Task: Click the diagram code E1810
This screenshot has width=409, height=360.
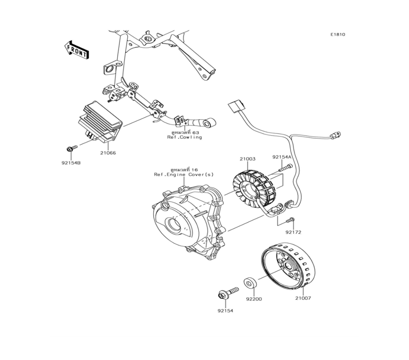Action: tap(338, 35)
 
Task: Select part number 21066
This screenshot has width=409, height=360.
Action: tap(108, 153)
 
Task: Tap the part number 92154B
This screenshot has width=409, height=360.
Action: tap(71, 163)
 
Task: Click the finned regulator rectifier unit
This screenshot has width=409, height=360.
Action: tap(100, 122)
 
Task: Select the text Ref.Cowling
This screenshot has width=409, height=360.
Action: tap(184, 137)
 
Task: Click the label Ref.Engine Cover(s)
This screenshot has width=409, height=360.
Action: tap(183, 174)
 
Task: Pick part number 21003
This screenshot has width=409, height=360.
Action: tap(247, 158)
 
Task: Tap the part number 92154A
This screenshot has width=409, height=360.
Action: tap(282, 157)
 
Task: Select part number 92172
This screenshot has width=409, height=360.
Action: tap(293, 232)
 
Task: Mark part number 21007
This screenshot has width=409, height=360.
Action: tap(303, 298)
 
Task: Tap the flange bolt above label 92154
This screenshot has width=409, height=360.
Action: tap(228, 293)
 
